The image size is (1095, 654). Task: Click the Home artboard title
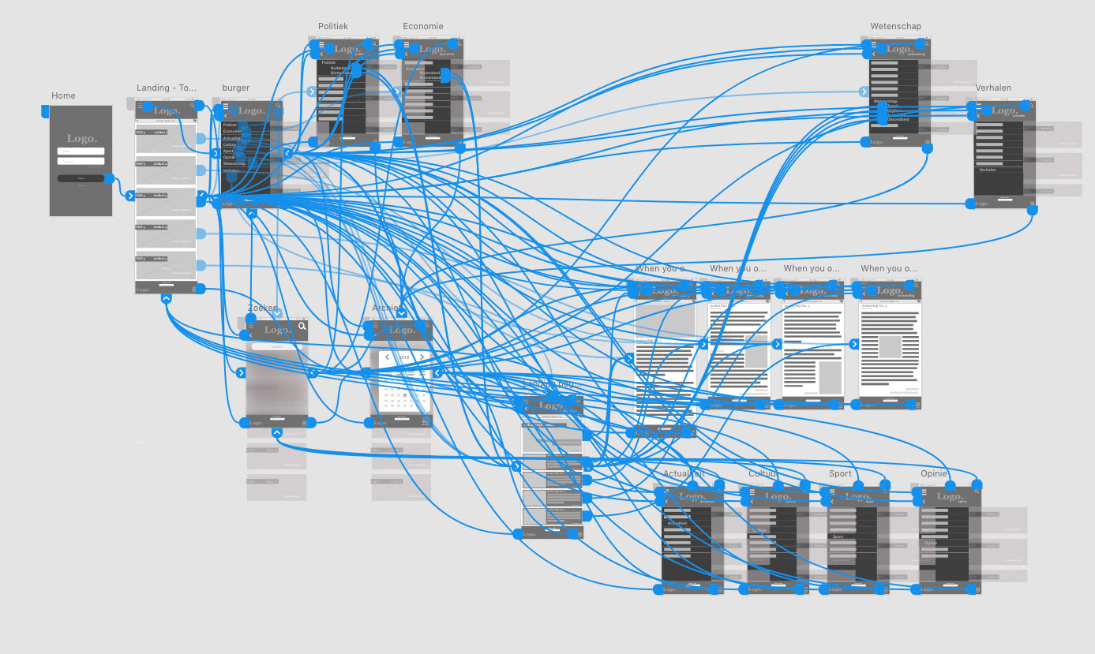(63, 96)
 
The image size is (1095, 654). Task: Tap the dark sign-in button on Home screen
(81, 178)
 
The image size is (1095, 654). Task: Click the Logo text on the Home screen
(81, 139)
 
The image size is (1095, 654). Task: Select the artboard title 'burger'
(235, 88)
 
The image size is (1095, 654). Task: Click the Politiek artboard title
(332, 27)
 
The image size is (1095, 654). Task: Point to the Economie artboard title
(422, 27)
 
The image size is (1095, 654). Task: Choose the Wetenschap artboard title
(895, 27)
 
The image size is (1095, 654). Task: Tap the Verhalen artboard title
(992, 88)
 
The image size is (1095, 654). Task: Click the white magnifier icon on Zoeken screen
(302, 326)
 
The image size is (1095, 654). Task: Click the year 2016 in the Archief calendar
(403, 357)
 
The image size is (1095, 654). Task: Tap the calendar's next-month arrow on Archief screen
(422, 357)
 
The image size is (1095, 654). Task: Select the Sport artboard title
(840, 474)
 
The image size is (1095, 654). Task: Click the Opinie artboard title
(933, 474)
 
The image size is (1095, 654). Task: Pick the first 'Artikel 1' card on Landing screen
(166, 137)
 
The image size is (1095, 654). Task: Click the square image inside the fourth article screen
(891, 346)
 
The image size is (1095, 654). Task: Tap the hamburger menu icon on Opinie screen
(924, 491)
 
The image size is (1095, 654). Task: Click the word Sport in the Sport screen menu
(838, 536)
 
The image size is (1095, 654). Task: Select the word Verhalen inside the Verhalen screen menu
(988, 170)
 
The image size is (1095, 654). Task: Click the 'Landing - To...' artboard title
(166, 88)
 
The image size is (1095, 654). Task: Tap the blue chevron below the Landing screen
(166, 298)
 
